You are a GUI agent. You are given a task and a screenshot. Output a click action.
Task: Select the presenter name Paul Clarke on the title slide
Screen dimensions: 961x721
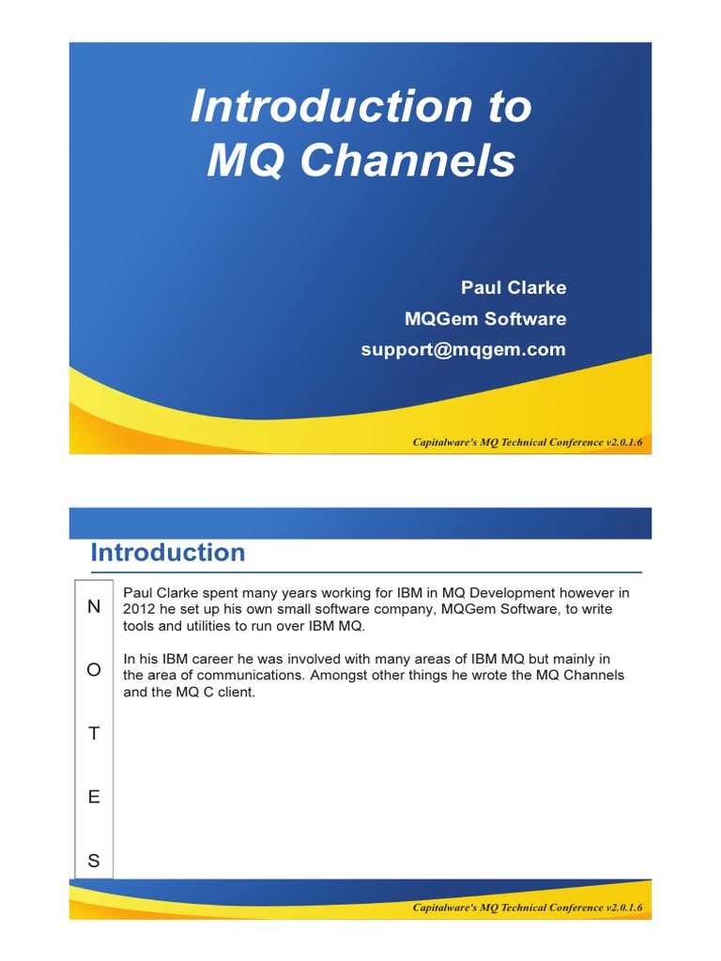click(x=513, y=287)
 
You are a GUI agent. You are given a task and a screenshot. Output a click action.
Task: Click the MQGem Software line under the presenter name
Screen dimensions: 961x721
click(x=484, y=318)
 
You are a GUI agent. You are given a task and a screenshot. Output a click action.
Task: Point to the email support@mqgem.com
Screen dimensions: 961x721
click(x=463, y=349)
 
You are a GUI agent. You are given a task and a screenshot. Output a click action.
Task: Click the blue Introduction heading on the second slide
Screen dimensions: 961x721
click(x=168, y=553)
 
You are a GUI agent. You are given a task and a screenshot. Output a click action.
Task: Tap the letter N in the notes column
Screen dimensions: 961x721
click(x=93, y=606)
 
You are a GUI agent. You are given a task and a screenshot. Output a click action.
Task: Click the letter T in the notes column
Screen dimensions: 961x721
click(x=93, y=734)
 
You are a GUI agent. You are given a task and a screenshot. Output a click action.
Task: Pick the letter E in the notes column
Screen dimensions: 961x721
click(x=93, y=797)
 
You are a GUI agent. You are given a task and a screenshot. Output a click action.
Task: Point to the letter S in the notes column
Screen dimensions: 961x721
click(x=93, y=861)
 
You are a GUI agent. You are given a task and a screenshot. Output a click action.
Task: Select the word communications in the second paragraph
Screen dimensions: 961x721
click(x=257, y=676)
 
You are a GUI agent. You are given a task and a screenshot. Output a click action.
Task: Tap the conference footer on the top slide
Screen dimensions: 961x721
click(x=528, y=441)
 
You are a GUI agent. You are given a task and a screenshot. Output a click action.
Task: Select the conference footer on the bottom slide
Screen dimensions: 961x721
click(x=528, y=908)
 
